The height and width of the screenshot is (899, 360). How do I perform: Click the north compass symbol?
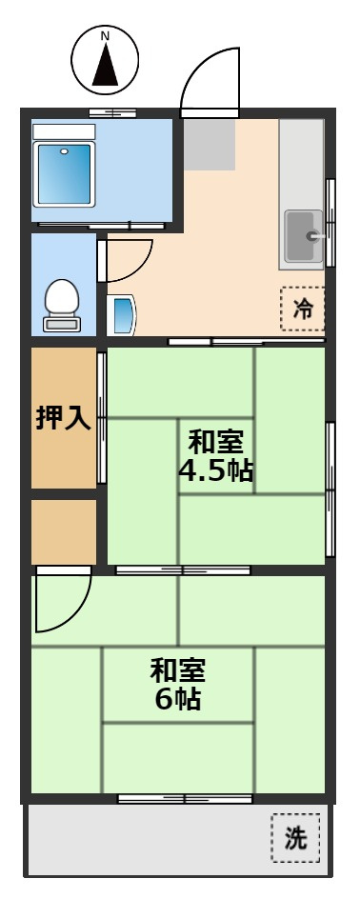[105, 60]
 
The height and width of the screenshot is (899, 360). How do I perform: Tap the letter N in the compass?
[105, 36]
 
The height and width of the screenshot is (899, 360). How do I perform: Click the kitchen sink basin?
[303, 235]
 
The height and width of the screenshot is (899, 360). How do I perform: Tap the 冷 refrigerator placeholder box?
[303, 308]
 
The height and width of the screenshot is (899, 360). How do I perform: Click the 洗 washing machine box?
[295, 838]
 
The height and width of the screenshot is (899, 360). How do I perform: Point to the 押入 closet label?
[64, 418]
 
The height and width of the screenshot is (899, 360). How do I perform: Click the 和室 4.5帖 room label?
[215, 456]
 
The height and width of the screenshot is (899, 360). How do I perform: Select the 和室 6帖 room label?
[176, 684]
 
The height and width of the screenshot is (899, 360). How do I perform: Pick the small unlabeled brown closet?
[64, 531]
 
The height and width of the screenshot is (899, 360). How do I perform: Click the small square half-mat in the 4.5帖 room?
[216, 455]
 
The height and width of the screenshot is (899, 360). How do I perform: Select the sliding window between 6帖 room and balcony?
[185, 798]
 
